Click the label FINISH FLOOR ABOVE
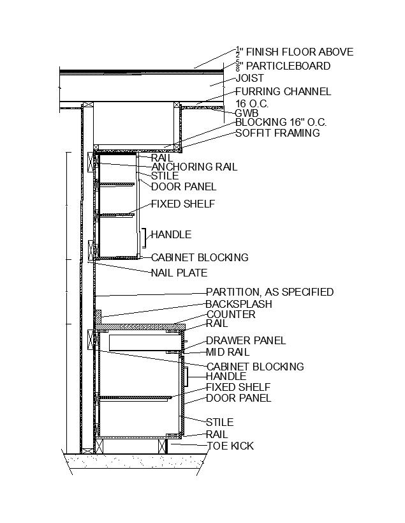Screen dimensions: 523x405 pyautogui.click(x=299, y=52)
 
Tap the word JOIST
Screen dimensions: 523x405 pyautogui.click(x=249, y=78)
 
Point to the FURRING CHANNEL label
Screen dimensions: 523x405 pyautogui.click(x=283, y=91)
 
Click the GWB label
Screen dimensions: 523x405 pyautogui.click(x=247, y=114)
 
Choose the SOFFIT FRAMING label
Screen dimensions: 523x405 pyautogui.click(x=277, y=133)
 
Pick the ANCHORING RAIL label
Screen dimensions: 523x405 pyautogui.click(x=194, y=167)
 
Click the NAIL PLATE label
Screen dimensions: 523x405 pyautogui.click(x=179, y=273)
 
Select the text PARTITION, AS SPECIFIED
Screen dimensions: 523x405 pyautogui.click(x=269, y=292)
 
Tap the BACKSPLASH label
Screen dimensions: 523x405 pyautogui.click(x=239, y=304)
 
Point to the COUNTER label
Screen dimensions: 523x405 pyautogui.click(x=230, y=314)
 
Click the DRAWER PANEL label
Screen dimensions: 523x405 pyautogui.click(x=246, y=340)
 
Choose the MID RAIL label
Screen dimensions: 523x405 pyautogui.click(x=227, y=352)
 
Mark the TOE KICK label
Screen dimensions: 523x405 pyautogui.click(x=230, y=445)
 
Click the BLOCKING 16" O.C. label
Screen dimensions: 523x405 pyautogui.click(x=281, y=122)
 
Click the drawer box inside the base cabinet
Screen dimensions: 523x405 pyautogui.click(x=140, y=342)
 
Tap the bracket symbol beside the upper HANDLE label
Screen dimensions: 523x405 pyautogui.click(x=146, y=238)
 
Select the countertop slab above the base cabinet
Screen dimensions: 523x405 pyautogui.click(x=140, y=326)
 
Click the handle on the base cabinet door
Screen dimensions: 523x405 pyautogui.click(x=187, y=377)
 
